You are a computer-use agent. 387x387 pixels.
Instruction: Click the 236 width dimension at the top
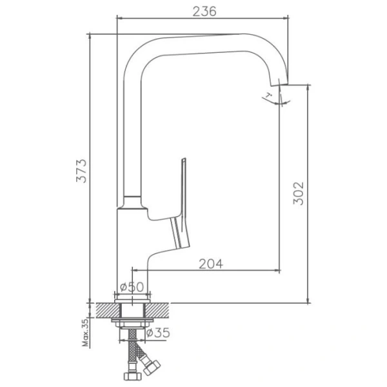tap(203, 11)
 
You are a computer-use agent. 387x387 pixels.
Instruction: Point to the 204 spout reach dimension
tap(210, 263)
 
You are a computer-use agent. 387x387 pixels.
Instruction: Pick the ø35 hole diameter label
tap(157, 333)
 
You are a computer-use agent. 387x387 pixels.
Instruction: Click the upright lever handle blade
tap(183, 187)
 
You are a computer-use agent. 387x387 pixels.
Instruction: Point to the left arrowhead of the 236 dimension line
tap(119, 18)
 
